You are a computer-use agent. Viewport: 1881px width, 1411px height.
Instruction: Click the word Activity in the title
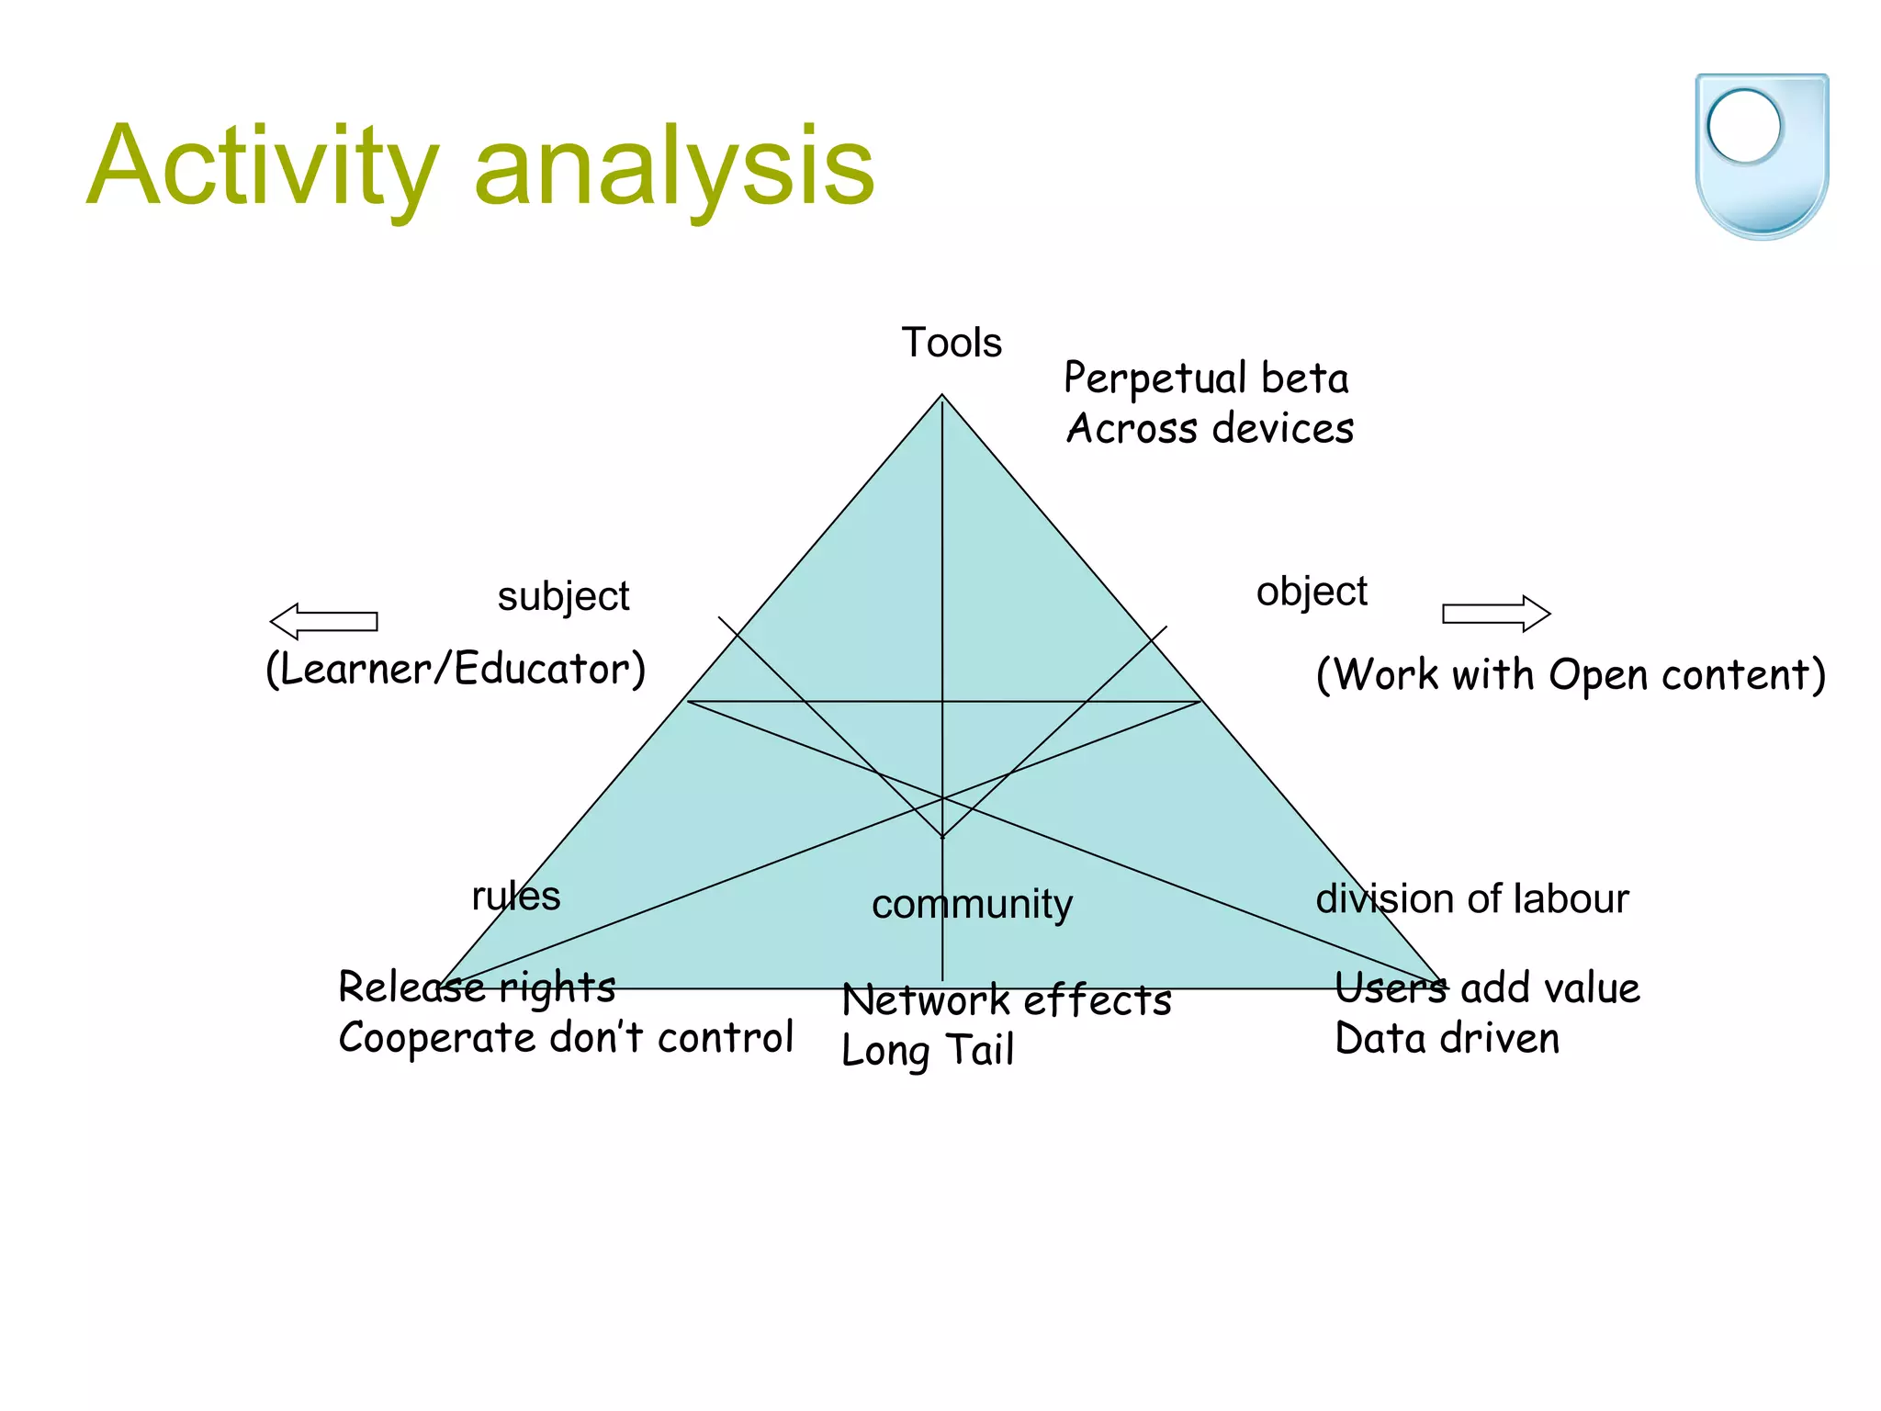pyautogui.click(x=263, y=167)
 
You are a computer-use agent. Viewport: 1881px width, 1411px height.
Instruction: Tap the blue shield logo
pyautogui.click(x=1761, y=156)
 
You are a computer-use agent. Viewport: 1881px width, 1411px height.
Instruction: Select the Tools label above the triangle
pyautogui.click(x=951, y=343)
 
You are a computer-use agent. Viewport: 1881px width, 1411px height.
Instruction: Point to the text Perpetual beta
pyautogui.click(x=1206, y=378)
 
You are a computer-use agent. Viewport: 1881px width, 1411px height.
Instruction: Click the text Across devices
pyautogui.click(x=1210, y=429)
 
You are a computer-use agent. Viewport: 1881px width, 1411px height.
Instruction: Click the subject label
pyautogui.click(x=563, y=597)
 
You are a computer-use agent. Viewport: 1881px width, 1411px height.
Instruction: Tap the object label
pyautogui.click(x=1312, y=592)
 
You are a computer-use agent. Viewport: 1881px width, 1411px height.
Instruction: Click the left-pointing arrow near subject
pyautogui.click(x=324, y=622)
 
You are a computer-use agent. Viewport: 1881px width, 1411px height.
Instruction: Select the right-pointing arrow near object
pyautogui.click(x=1495, y=614)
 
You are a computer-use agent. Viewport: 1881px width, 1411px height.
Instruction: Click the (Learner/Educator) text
pyautogui.click(x=456, y=669)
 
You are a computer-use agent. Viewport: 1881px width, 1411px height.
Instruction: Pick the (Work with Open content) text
pyautogui.click(x=1570, y=675)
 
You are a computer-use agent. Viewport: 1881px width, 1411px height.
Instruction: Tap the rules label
pyautogui.click(x=515, y=897)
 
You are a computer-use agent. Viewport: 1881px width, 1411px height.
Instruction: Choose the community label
pyautogui.click(x=972, y=905)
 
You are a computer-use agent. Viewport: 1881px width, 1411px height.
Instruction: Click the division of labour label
pyautogui.click(x=1471, y=899)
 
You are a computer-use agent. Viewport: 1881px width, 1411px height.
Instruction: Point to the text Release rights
pyautogui.click(x=477, y=988)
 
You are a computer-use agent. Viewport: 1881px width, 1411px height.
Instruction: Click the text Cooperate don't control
pyautogui.click(x=566, y=1038)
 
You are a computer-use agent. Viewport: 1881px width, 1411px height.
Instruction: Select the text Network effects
pyautogui.click(x=1007, y=1000)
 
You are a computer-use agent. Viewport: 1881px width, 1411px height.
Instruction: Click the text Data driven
pyautogui.click(x=1447, y=1039)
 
